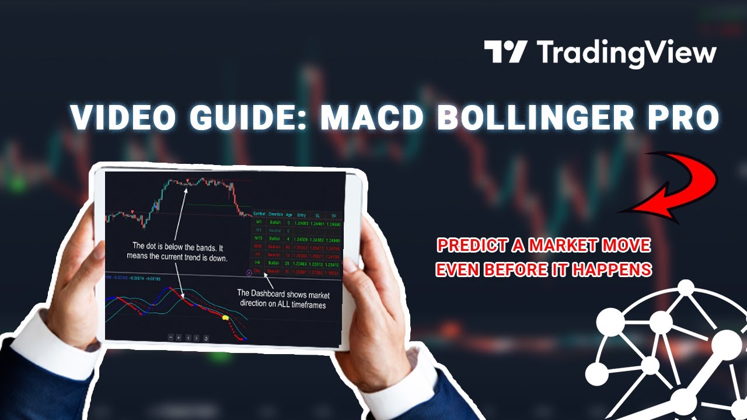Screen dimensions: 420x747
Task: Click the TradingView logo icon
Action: [505, 52]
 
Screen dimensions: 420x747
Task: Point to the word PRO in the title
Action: [683, 118]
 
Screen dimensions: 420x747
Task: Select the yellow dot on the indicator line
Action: [225, 318]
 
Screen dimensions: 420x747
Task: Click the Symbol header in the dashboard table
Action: [259, 214]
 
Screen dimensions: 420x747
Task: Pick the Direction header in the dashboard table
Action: [275, 214]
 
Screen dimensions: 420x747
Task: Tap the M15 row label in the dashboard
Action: [259, 239]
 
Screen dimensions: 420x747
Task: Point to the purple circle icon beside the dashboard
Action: [250, 272]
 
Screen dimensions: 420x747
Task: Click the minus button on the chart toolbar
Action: [170, 337]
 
